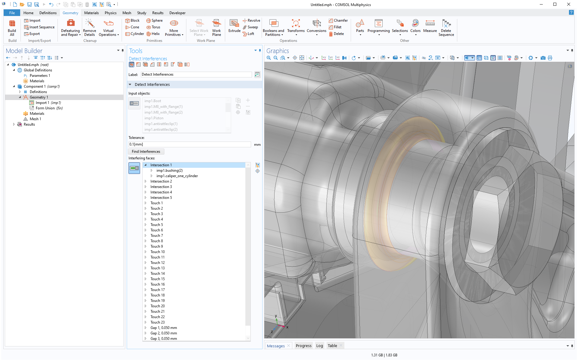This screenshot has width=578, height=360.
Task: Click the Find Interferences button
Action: point(146,152)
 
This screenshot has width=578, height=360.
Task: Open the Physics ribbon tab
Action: point(110,13)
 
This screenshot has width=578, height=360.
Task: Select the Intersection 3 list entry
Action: point(161,187)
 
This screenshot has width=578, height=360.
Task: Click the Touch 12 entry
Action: point(157,263)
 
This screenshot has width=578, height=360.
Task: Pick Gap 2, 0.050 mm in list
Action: point(163,333)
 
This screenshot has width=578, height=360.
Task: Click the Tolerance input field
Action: point(189,145)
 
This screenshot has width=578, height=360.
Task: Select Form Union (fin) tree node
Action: point(49,108)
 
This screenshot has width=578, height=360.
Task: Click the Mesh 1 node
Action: point(35,119)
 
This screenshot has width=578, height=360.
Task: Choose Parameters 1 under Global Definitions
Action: point(40,76)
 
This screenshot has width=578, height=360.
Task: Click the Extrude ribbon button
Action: point(234,26)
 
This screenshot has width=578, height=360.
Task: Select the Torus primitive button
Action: point(154,27)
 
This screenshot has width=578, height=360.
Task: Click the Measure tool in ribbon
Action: point(430,26)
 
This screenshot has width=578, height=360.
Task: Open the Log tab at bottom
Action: point(319,346)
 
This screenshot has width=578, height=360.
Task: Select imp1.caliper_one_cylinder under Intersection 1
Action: point(177,176)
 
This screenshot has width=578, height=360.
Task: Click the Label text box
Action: point(196,74)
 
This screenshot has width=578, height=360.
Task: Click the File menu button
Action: point(12,13)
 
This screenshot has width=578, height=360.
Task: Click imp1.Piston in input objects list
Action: point(154,118)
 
